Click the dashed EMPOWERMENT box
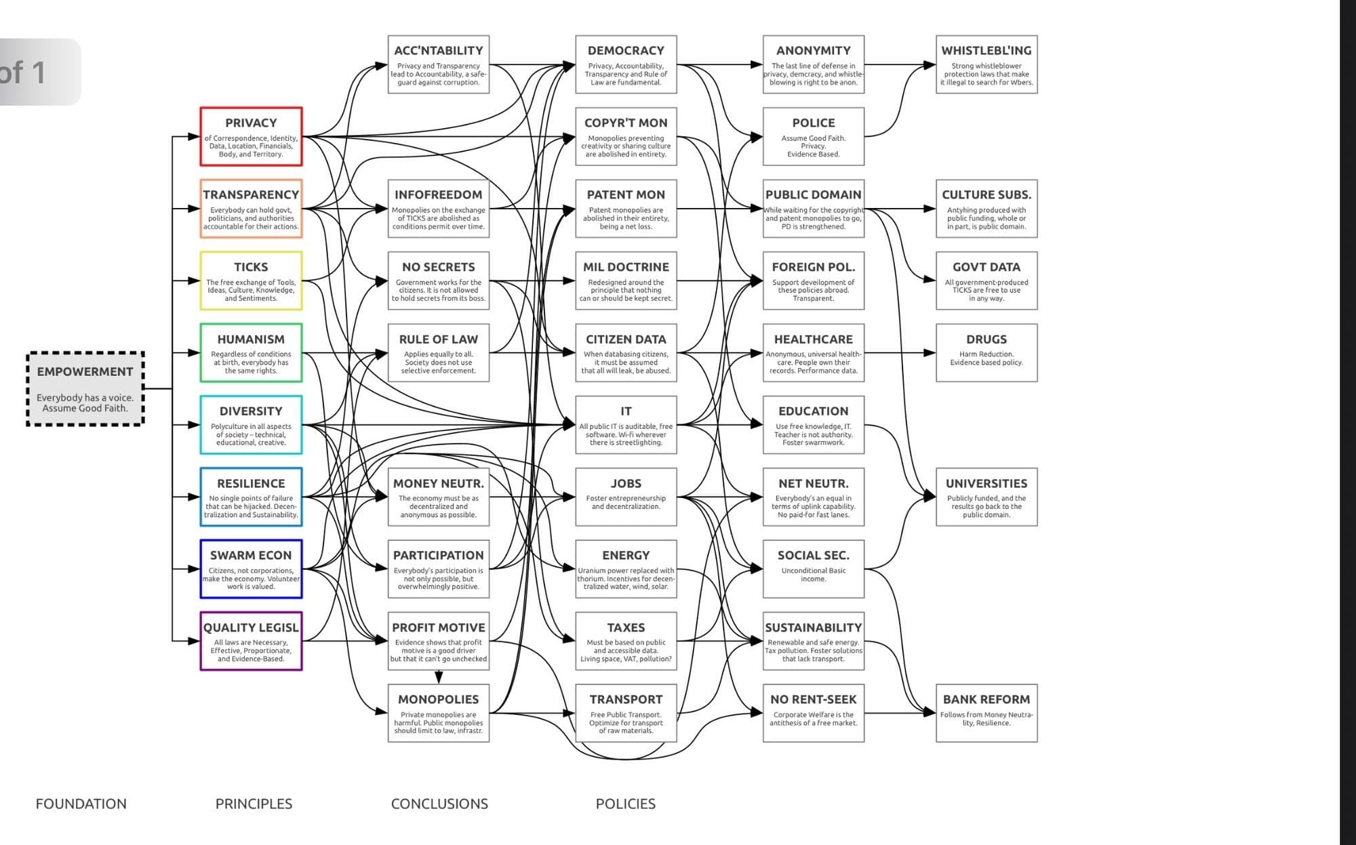coord(85,389)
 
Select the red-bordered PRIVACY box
coord(251,136)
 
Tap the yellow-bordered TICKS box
coord(251,281)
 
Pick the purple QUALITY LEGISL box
coord(251,641)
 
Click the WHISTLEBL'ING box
coord(986,64)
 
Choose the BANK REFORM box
coord(986,713)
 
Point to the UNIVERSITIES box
coord(986,497)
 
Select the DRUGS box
coord(986,352)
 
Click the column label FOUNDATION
coord(81,804)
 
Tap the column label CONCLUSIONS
coord(439,804)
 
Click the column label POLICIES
coord(625,804)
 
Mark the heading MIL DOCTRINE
coord(626,267)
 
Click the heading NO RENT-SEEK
coord(813,699)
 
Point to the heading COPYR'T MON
coord(626,123)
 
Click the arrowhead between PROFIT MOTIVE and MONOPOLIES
coord(439,677)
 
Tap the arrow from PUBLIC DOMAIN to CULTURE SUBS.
coord(902,209)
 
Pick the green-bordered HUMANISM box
coord(251,352)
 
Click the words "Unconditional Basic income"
coord(813,575)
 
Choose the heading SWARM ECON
coord(251,555)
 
